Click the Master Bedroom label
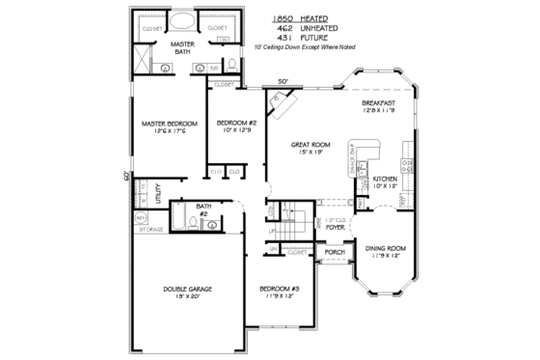click(169, 124)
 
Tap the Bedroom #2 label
click(236, 123)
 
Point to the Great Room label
click(311, 144)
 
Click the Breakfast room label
click(380, 103)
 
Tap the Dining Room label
click(386, 248)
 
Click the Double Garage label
click(187, 289)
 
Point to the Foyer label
click(335, 228)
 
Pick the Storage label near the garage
click(150, 231)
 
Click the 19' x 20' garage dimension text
click(187, 296)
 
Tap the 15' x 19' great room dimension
click(311, 152)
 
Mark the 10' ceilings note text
click(305, 47)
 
